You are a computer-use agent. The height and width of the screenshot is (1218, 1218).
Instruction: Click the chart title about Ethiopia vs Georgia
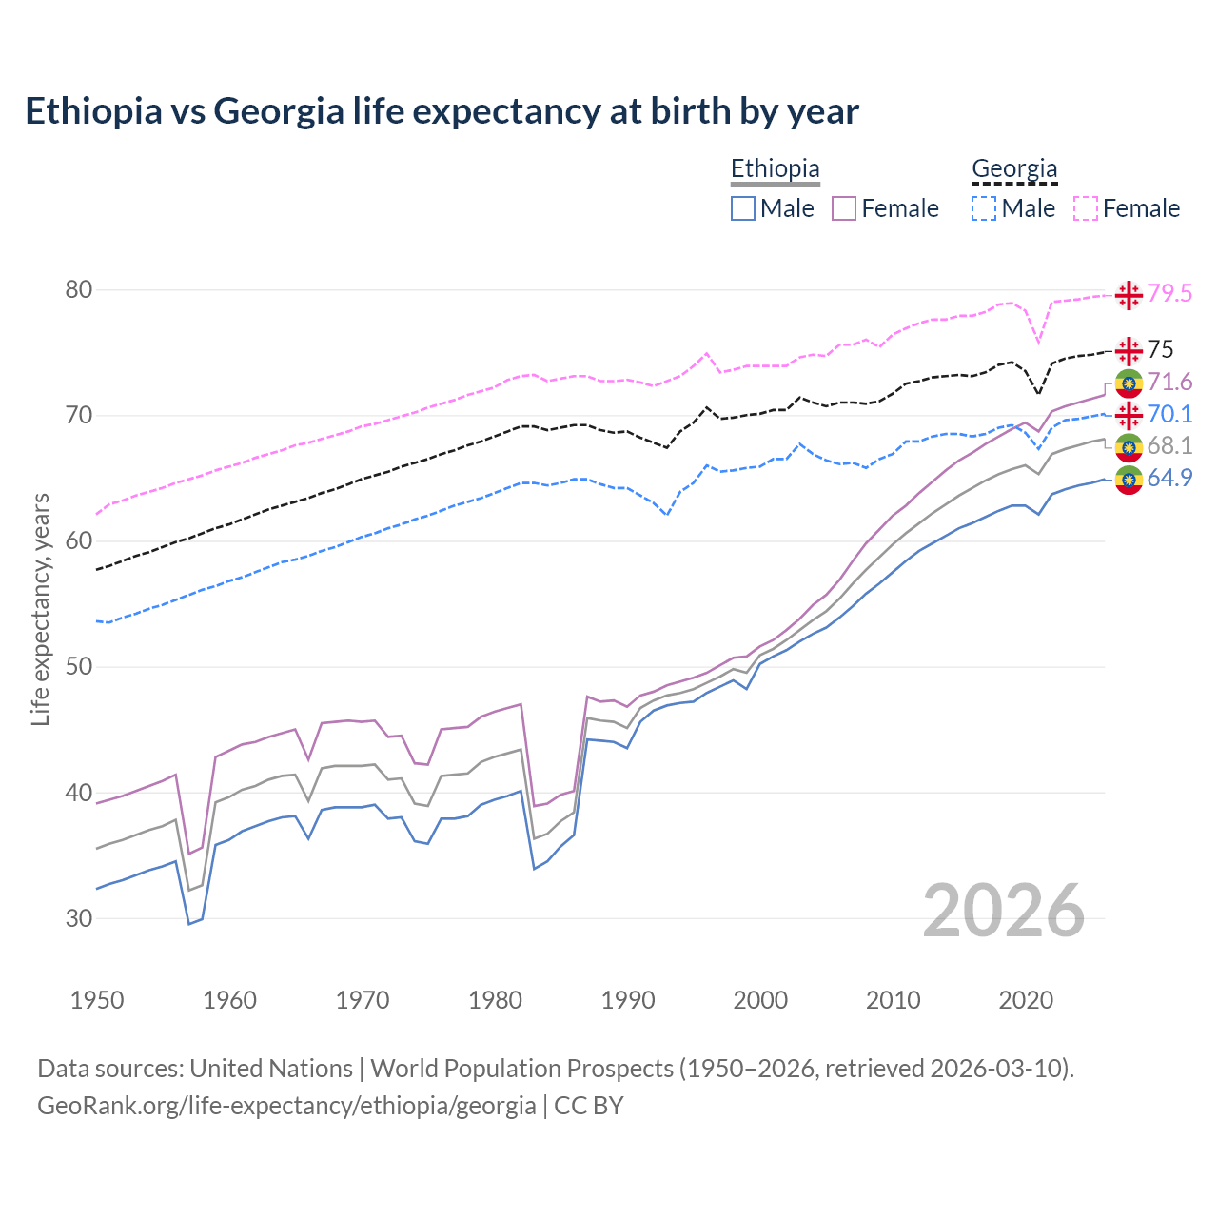[x=442, y=111]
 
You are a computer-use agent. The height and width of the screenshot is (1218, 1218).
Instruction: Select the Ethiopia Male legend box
[x=743, y=208]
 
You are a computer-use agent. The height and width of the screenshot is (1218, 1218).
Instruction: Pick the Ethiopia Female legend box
[x=844, y=208]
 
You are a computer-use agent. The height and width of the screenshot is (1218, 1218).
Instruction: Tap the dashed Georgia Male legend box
[x=984, y=208]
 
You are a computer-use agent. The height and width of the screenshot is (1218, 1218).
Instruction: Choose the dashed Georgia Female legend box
[x=1086, y=208]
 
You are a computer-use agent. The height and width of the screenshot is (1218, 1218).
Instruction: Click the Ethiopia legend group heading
[x=775, y=169]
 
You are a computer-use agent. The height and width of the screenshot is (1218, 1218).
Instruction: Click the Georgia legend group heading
[x=1014, y=169]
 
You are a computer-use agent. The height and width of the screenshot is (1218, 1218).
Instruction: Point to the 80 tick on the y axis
[x=78, y=289]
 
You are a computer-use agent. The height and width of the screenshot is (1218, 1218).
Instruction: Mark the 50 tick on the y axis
[x=78, y=666]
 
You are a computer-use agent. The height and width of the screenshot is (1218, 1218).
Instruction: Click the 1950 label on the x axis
[x=97, y=1000]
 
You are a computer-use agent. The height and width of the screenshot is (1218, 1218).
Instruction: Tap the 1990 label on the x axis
[x=628, y=1000]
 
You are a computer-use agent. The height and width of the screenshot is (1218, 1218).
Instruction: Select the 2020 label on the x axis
[x=1026, y=1000]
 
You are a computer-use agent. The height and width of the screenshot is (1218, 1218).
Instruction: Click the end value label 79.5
[x=1169, y=294]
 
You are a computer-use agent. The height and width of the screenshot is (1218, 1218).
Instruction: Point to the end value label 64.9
[x=1169, y=478]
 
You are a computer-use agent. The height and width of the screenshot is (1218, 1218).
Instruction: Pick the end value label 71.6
[x=1169, y=383]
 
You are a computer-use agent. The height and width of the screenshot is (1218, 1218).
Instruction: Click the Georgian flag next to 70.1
[x=1129, y=415]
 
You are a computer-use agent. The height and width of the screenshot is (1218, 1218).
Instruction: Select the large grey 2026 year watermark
[x=1004, y=911]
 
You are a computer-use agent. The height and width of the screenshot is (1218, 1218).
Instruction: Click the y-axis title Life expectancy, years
[x=40, y=609]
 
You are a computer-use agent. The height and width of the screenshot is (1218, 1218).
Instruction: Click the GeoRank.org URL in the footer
[x=286, y=1106]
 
